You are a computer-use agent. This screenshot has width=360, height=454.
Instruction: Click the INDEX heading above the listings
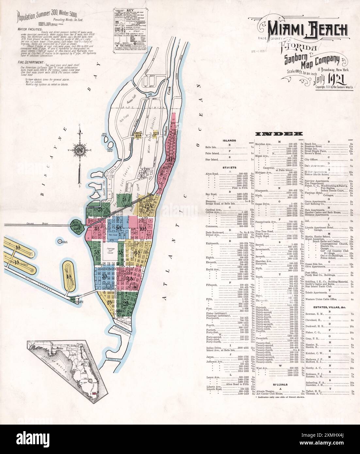click(279, 134)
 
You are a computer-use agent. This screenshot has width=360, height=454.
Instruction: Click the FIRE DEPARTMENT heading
click(31, 62)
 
